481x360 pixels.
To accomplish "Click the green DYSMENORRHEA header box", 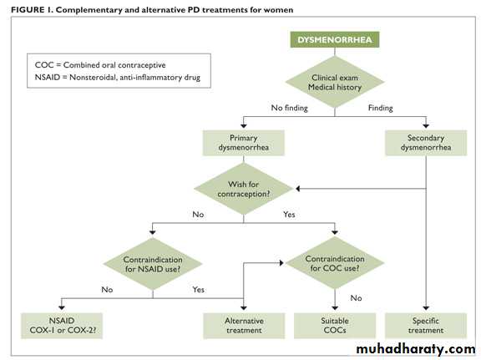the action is [x=335, y=39].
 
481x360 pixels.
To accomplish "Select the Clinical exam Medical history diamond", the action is [x=335, y=82].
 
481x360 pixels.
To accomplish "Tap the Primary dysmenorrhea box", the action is [x=244, y=143].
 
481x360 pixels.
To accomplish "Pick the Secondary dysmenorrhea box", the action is [x=426, y=143].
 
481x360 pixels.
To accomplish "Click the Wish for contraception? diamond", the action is [x=244, y=189].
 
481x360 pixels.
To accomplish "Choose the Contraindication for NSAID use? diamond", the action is [x=153, y=264].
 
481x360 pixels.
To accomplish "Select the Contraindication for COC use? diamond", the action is [x=335, y=263].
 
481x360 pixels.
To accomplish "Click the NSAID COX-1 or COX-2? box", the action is [x=62, y=326].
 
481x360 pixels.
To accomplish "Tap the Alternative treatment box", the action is [x=244, y=326].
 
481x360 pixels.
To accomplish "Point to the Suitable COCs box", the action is [x=335, y=326].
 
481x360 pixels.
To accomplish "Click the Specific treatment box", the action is [x=426, y=326].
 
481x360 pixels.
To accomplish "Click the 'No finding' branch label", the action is [x=289, y=108].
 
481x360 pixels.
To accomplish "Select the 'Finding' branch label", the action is [x=381, y=108].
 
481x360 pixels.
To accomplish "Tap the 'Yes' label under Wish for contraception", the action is [x=289, y=214].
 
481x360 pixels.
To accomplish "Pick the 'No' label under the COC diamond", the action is [x=356, y=297].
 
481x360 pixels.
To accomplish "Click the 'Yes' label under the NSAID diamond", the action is [x=198, y=289].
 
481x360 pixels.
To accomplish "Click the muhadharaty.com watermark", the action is [x=416, y=349].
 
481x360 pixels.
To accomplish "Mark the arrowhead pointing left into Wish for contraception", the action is [x=297, y=189].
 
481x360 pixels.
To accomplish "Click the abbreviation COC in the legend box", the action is [x=44, y=65].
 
